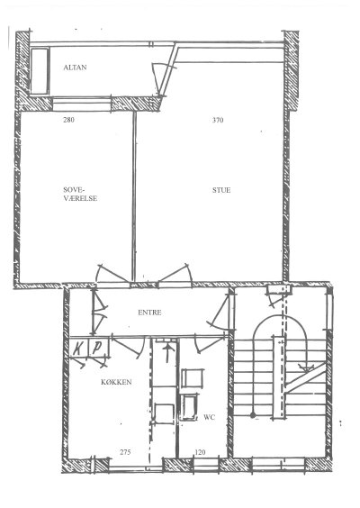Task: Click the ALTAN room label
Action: pyautogui.click(x=75, y=68)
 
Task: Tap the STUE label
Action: pyautogui.click(x=221, y=190)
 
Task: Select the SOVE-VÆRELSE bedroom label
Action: pyautogui.click(x=80, y=194)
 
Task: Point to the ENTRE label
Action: pyautogui.click(x=149, y=313)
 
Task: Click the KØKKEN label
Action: pyautogui.click(x=116, y=382)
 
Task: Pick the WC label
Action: pyautogui.click(x=209, y=417)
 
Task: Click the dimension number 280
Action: pyautogui.click(x=68, y=120)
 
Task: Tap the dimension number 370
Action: pyautogui.click(x=218, y=120)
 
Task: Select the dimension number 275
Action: pyautogui.click(x=125, y=452)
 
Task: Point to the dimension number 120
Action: pyautogui.click(x=201, y=452)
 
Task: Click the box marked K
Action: pyautogui.click(x=78, y=348)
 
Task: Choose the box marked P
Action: pyautogui.click(x=98, y=348)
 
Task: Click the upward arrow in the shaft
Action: pyautogui.click(x=167, y=353)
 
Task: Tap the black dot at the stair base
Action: pyautogui.click(x=253, y=415)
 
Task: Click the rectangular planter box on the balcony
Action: pyautogui.click(x=40, y=71)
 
